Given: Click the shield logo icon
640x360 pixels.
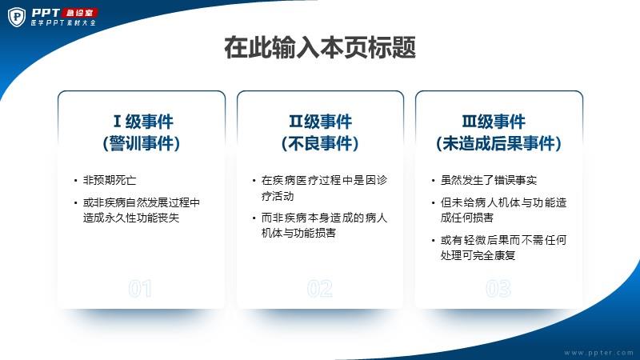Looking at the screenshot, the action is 17,17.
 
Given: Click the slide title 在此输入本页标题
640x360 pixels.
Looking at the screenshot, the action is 320,47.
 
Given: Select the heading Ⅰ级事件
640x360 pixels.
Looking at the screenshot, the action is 143,122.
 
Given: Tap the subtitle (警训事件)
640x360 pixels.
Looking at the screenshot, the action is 142,143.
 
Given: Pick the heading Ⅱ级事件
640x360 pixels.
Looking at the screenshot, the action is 320,122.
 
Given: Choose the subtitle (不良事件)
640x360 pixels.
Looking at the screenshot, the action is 320,143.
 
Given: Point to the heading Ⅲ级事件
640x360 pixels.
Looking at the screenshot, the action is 494,122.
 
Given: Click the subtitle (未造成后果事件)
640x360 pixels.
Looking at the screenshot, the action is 498,143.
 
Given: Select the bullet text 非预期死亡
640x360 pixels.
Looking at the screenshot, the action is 110,180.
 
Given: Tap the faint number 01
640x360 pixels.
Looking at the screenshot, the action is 140,289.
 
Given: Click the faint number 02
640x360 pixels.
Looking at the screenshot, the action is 319,289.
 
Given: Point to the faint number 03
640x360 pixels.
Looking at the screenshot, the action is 498,289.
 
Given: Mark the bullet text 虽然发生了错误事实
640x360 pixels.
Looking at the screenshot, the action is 489,180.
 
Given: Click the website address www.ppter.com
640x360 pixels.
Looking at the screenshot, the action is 598,353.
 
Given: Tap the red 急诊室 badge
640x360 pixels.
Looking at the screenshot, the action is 79,13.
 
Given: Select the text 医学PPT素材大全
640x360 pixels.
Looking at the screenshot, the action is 63,23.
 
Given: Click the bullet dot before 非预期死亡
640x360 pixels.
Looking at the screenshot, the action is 75,181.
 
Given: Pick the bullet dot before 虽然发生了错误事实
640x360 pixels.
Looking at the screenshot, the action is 433,181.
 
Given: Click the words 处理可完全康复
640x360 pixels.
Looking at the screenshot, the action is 478,255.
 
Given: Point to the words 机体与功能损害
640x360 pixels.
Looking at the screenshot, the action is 298,233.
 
